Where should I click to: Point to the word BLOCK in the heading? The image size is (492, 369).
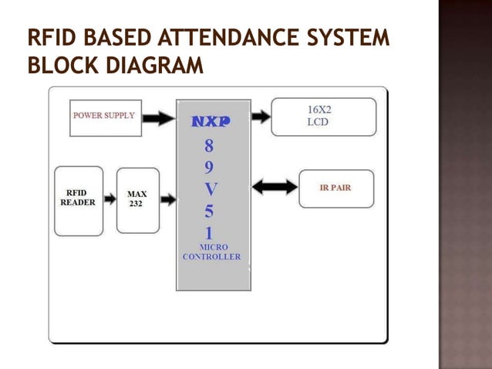point(58,66)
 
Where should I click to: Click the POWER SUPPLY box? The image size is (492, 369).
point(106,117)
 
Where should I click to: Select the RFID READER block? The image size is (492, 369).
point(79,200)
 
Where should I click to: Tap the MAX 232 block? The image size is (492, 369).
point(137,200)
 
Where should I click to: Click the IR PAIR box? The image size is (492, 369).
point(335,188)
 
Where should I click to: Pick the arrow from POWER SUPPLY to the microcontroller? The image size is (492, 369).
point(159,118)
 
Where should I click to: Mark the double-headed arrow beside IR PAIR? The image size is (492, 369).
point(275,187)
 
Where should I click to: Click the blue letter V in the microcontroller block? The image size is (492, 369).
point(211,189)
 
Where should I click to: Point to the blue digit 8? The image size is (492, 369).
point(210,146)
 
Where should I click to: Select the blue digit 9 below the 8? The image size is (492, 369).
point(210,168)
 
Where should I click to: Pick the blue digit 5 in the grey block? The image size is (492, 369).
point(210,212)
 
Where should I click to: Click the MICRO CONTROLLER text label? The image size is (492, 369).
point(212,252)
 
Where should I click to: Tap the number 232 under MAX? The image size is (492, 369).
point(136,204)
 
